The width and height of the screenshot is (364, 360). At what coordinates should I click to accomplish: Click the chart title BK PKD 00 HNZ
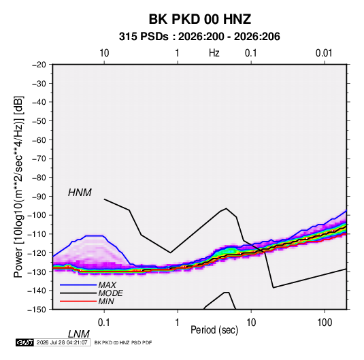tap(200, 19)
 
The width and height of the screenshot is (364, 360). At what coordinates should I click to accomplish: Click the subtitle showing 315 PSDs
tap(199, 37)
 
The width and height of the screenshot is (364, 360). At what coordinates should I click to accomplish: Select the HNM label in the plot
tap(80, 193)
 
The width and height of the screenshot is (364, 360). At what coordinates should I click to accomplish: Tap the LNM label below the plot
tap(79, 334)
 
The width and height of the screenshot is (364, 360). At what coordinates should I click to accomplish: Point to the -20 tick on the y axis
tap(39, 65)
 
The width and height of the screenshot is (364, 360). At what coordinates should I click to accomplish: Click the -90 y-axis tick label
tap(39, 196)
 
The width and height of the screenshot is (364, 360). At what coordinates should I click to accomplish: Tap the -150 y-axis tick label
tap(37, 310)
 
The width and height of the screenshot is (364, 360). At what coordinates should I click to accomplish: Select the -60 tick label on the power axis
tap(39, 140)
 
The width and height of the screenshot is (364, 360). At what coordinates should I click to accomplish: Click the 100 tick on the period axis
tap(324, 323)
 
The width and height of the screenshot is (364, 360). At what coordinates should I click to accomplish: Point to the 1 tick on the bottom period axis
tap(178, 323)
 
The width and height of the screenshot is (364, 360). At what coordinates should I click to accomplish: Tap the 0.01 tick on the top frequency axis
tap(324, 53)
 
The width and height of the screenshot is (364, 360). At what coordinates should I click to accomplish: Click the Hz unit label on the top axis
tap(214, 53)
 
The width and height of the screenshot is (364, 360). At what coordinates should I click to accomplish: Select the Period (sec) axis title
tap(214, 330)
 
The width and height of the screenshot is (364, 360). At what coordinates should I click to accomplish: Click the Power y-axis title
tap(18, 186)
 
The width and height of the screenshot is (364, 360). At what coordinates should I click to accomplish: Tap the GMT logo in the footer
tap(24, 342)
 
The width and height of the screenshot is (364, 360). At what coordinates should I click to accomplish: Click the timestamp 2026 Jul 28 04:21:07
tap(62, 342)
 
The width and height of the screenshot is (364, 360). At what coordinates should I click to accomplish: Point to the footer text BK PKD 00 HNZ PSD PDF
tap(123, 342)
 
